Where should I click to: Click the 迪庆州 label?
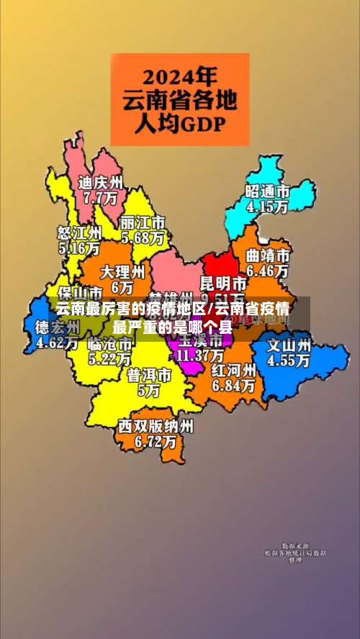pyautogui.click(x=101, y=182)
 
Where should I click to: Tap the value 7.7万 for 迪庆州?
pyautogui.click(x=101, y=196)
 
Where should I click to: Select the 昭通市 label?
pyautogui.click(x=267, y=191)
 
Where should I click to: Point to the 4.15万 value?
pyautogui.click(x=267, y=206)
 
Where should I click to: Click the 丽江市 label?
pyautogui.click(x=143, y=222)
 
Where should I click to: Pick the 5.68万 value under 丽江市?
pyautogui.click(x=143, y=237)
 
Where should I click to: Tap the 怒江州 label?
pyautogui.click(x=79, y=233)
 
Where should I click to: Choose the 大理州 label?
pyautogui.click(x=122, y=272)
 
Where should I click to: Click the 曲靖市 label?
pyautogui.click(x=268, y=256)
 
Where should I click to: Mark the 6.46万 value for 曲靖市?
pyautogui.click(x=268, y=271)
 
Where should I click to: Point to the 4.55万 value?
pyautogui.click(x=289, y=361)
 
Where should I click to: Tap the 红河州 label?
pyautogui.click(x=233, y=371)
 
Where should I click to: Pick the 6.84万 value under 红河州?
pyautogui.click(x=233, y=386)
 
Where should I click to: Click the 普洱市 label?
pyautogui.click(x=149, y=376)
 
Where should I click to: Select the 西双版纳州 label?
pyautogui.click(x=156, y=426)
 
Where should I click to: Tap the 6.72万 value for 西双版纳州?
pyautogui.click(x=156, y=441)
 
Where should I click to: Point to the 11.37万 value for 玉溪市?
pyautogui.click(x=200, y=355)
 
